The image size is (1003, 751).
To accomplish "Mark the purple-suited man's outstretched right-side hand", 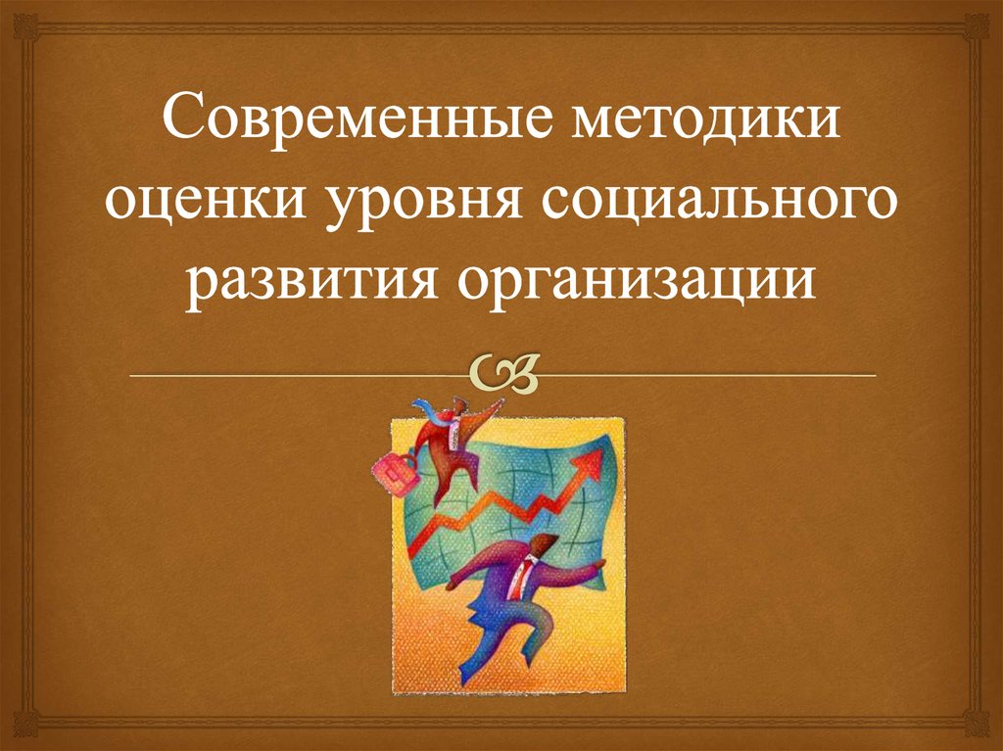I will click(598, 565).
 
